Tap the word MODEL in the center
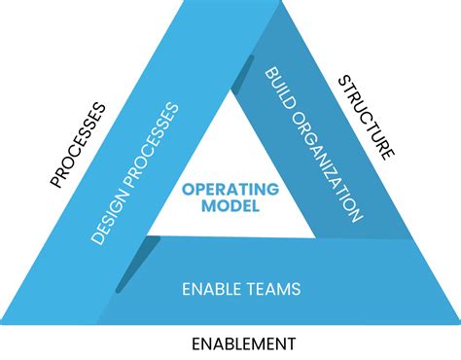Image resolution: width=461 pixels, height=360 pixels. (x=230, y=205)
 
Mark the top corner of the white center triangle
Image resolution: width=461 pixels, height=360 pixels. (x=230, y=92)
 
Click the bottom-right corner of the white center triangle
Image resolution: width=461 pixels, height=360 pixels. (x=313, y=236)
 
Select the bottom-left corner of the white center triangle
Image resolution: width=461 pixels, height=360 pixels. (x=149, y=236)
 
